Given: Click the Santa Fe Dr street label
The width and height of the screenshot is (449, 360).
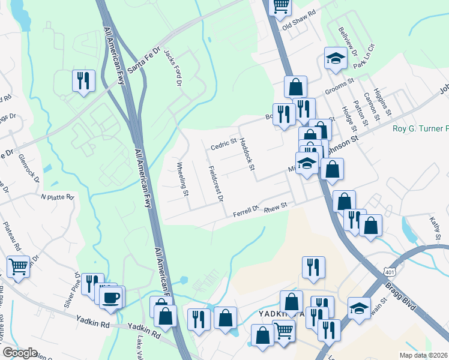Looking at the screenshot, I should tap(143, 59).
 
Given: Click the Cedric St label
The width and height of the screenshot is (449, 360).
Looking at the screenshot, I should tap(224, 145).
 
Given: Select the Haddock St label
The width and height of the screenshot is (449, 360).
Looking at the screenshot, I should tap(247, 154).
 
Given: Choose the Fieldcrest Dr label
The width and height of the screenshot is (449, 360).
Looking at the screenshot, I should tap(215, 184).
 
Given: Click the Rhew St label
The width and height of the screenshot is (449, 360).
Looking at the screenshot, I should tap(277, 205).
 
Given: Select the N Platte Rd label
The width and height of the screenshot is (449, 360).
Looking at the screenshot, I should tap(57, 197).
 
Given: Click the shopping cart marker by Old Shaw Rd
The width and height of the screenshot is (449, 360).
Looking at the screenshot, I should tap(280, 6).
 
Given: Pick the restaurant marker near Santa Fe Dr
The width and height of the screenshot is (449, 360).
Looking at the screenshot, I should tap(83, 79).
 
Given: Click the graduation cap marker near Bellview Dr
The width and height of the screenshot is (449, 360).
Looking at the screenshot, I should tap(336, 58).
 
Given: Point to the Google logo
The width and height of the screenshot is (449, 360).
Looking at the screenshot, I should tap(20, 353).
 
